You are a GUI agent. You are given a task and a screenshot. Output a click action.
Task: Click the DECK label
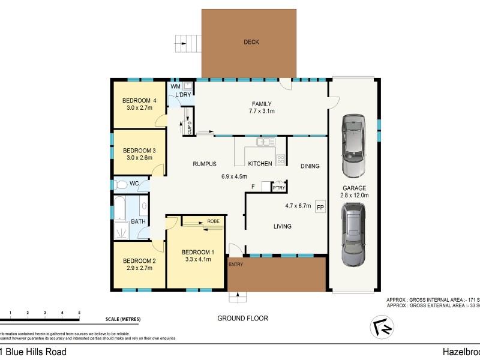(x=251, y=42)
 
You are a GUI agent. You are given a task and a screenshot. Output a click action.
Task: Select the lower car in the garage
(x=353, y=234)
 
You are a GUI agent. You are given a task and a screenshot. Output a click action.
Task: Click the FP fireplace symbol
(x=320, y=208)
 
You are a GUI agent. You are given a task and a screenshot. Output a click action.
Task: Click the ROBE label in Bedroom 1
(x=214, y=221)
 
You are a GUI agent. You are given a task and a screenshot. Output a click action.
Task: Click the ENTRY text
(x=236, y=263)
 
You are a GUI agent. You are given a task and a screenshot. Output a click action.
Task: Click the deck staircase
(x=187, y=43)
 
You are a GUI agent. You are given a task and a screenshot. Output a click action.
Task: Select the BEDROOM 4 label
(x=140, y=100)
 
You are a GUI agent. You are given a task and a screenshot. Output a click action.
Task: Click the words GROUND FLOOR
(x=242, y=318)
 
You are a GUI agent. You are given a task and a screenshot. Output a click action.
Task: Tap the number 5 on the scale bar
(x=79, y=313)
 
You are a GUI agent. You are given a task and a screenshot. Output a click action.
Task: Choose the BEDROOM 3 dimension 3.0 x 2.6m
(x=138, y=158)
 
